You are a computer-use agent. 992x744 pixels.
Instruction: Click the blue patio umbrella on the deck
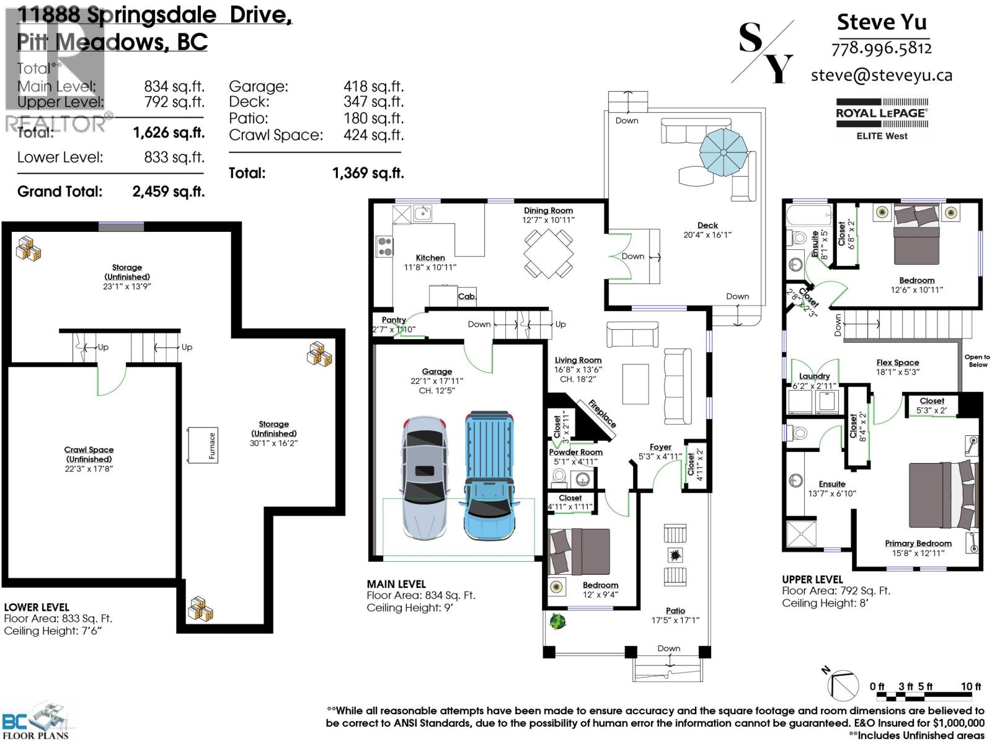tap(724, 152)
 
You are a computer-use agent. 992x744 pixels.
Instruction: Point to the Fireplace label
tap(602, 414)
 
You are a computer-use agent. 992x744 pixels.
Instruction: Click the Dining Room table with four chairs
tap(548, 253)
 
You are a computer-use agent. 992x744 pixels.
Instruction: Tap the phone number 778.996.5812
tap(881, 48)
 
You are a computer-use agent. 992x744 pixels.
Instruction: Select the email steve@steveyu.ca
tap(881, 75)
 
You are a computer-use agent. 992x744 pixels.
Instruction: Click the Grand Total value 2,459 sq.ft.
tap(168, 192)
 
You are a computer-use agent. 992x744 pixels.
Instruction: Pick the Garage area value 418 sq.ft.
tap(373, 87)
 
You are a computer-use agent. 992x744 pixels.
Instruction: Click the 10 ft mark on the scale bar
tap(970, 686)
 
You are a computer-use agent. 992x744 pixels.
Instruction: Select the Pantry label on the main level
tap(394, 320)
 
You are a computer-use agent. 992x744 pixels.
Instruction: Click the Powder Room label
tap(575, 452)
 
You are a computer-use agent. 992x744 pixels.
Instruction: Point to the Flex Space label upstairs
tap(897, 363)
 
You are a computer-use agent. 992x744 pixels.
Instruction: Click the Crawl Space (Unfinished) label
tap(89, 454)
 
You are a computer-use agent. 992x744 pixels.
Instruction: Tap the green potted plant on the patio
tap(557, 621)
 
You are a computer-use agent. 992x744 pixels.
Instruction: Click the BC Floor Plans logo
tap(37, 722)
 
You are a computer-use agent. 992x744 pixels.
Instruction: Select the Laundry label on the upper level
tap(814, 376)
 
